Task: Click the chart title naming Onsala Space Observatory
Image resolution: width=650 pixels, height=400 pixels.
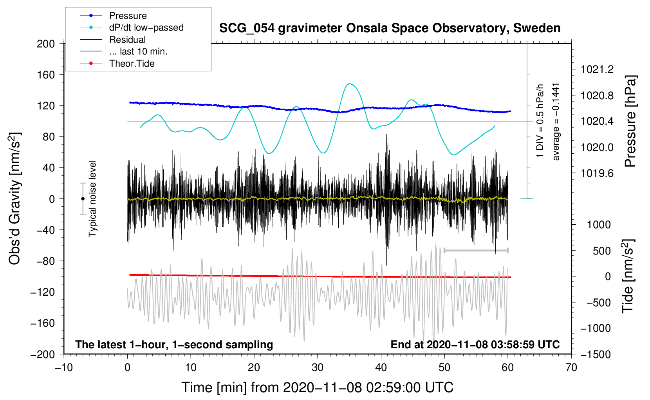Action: click(x=390, y=28)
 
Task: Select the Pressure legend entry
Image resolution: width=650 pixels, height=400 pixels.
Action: click(x=128, y=16)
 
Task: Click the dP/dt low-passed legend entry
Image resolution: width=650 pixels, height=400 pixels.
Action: click(x=146, y=27)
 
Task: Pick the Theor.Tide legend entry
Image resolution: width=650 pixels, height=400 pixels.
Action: click(x=132, y=64)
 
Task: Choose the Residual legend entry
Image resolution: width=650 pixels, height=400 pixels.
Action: click(x=127, y=40)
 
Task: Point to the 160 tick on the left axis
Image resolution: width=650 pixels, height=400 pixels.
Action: click(x=46, y=75)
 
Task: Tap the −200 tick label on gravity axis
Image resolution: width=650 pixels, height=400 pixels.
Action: click(x=43, y=354)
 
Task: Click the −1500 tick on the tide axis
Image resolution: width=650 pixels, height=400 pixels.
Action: click(x=596, y=354)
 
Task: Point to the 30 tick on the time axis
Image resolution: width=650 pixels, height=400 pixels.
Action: click(x=318, y=367)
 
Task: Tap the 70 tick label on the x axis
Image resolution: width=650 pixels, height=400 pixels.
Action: click(x=571, y=367)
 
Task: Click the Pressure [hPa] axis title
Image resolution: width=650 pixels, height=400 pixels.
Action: click(x=630, y=122)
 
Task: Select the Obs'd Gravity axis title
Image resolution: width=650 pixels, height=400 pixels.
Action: click(x=14, y=198)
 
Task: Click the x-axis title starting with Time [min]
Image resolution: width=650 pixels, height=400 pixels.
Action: click(x=317, y=387)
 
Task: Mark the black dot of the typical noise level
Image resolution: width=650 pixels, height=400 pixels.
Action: click(x=83, y=199)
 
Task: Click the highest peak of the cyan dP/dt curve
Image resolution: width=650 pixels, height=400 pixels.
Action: click(x=350, y=84)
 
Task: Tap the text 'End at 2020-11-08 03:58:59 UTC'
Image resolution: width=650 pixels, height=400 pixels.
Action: click(x=475, y=345)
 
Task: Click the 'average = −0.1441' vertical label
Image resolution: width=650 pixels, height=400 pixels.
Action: click(x=556, y=122)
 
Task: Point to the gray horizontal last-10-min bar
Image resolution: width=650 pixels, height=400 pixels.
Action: click(x=476, y=251)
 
